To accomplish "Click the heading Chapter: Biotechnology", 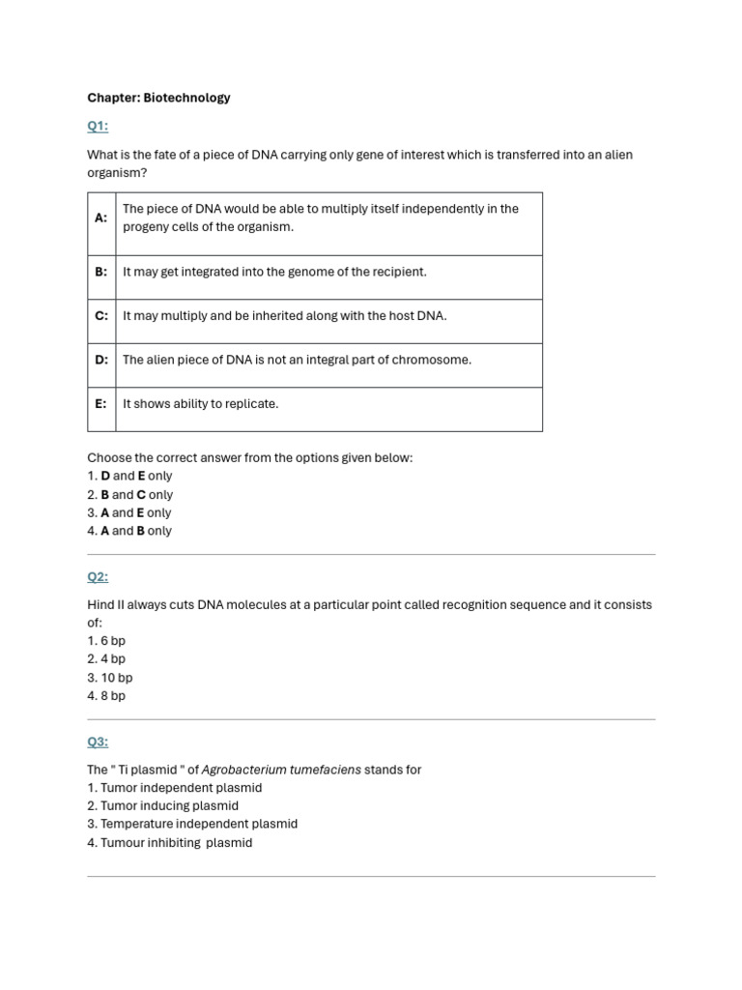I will tap(158, 98).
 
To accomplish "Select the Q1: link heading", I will tap(98, 126).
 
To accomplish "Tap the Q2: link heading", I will tap(98, 577).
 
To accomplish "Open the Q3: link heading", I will tap(98, 742).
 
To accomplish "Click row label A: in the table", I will tap(100, 218).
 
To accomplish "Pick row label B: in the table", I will tap(100, 273).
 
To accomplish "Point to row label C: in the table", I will tap(100, 316).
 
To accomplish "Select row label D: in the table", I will tap(100, 360).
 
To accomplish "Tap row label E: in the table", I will tap(100, 404).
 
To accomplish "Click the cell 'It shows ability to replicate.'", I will tap(200, 404).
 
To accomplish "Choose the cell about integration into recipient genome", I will tap(274, 273).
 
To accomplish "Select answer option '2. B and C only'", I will tap(129, 494).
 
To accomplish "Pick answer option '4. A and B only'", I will tap(129, 531).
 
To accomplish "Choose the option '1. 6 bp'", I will tap(106, 641).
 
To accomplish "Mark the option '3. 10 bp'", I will tap(109, 678).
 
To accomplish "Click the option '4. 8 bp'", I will tap(106, 696).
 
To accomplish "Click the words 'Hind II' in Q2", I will tap(106, 605).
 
